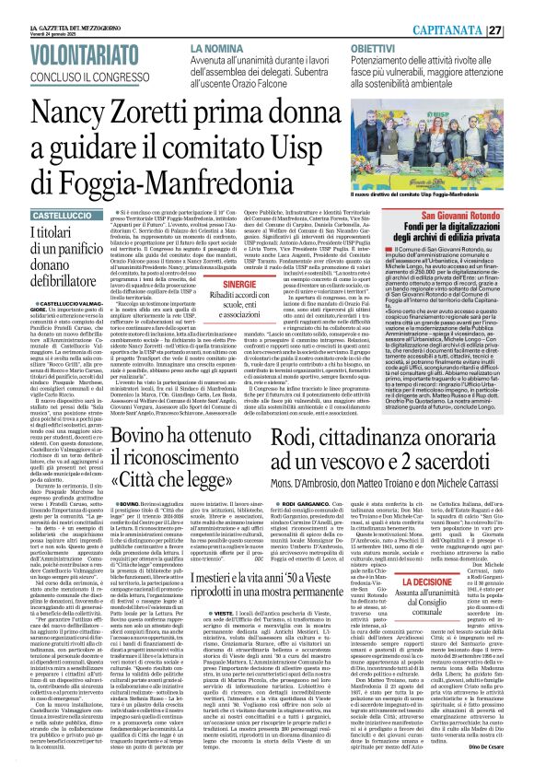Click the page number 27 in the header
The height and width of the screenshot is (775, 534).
(x=520, y=29)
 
